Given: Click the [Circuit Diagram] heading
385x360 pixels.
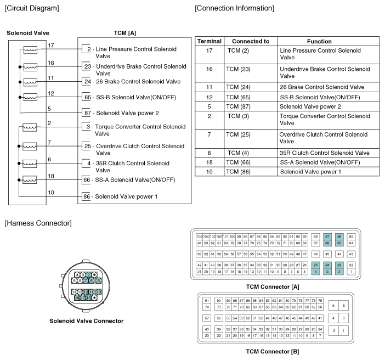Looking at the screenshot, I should [x=32, y=8].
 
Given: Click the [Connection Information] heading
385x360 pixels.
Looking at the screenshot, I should [x=234, y=8].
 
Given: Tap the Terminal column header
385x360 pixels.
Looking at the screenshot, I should [x=209, y=41].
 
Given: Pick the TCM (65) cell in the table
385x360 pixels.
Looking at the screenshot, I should [x=239, y=97].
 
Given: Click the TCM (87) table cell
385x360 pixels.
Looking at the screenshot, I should [x=239, y=106].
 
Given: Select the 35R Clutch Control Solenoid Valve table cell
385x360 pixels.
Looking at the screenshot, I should [x=324, y=153].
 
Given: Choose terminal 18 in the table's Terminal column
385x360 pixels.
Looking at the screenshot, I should [x=209, y=162].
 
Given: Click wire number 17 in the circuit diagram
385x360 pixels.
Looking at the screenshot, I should [x=51, y=45].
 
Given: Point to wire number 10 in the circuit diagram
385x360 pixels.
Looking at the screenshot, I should [x=51, y=192].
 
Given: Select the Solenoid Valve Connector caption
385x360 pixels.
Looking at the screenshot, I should [x=86, y=321].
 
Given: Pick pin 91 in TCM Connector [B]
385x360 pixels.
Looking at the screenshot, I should [x=207, y=301].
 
